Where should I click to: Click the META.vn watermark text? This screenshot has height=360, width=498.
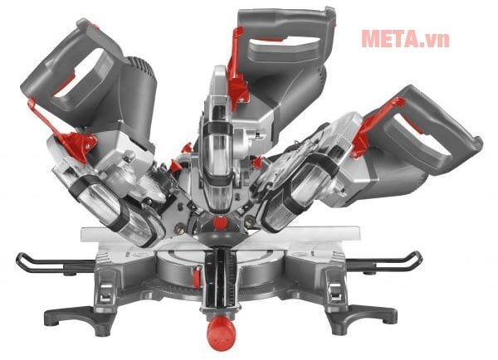click(x=406, y=39)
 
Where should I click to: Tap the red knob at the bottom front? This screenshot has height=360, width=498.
click(x=221, y=332)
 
